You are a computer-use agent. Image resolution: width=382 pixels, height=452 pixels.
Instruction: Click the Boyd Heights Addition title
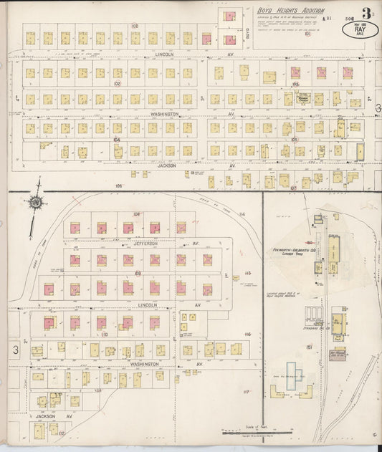tap(290, 11)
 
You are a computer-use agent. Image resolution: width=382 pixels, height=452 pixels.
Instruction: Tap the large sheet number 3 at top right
tap(366, 13)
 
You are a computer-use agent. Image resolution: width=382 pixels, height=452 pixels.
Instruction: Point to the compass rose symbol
tap(34, 203)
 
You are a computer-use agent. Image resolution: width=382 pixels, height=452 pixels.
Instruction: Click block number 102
tap(116, 83)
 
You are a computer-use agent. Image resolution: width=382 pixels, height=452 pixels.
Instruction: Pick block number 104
tap(116, 140)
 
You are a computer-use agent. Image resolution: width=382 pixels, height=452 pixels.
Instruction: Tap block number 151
tap(309, 347)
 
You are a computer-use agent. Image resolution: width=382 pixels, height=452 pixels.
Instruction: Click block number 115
tap(247, 273)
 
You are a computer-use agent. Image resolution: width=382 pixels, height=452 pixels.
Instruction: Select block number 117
tap(245, 392)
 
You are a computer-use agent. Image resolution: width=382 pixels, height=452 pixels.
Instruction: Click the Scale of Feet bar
tap(244, 431)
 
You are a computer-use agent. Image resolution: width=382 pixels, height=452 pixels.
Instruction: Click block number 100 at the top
tap(134, 25)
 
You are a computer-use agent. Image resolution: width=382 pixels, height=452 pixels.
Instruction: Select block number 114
tap(242, 214)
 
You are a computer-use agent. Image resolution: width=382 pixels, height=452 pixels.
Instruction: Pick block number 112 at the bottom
tap(62, 433)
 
